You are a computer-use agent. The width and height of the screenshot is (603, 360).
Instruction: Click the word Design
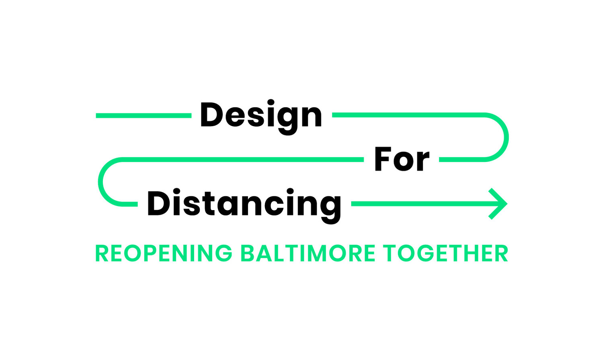click(x=261, y=116)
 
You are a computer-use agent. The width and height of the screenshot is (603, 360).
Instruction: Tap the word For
click(x=402, y=160)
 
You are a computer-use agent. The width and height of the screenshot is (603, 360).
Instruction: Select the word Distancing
click(x=244, y=204)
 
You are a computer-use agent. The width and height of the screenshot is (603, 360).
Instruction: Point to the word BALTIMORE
click(x=308, y=254)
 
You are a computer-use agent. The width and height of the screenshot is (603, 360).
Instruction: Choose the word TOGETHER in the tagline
click(x=445, y=254)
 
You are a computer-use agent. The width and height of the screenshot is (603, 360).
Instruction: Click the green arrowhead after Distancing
click(x=498, y=204)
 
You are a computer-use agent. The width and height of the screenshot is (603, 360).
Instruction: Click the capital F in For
click(x=383, y=160)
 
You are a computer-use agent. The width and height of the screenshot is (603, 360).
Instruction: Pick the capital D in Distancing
click(x=158, y=203)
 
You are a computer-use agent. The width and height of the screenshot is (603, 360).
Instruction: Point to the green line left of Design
click(x=144, y=116)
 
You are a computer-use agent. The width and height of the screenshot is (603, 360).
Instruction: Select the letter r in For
click(x=423, y=162)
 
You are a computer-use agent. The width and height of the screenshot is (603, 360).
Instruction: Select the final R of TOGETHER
click(x=501, y=254)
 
